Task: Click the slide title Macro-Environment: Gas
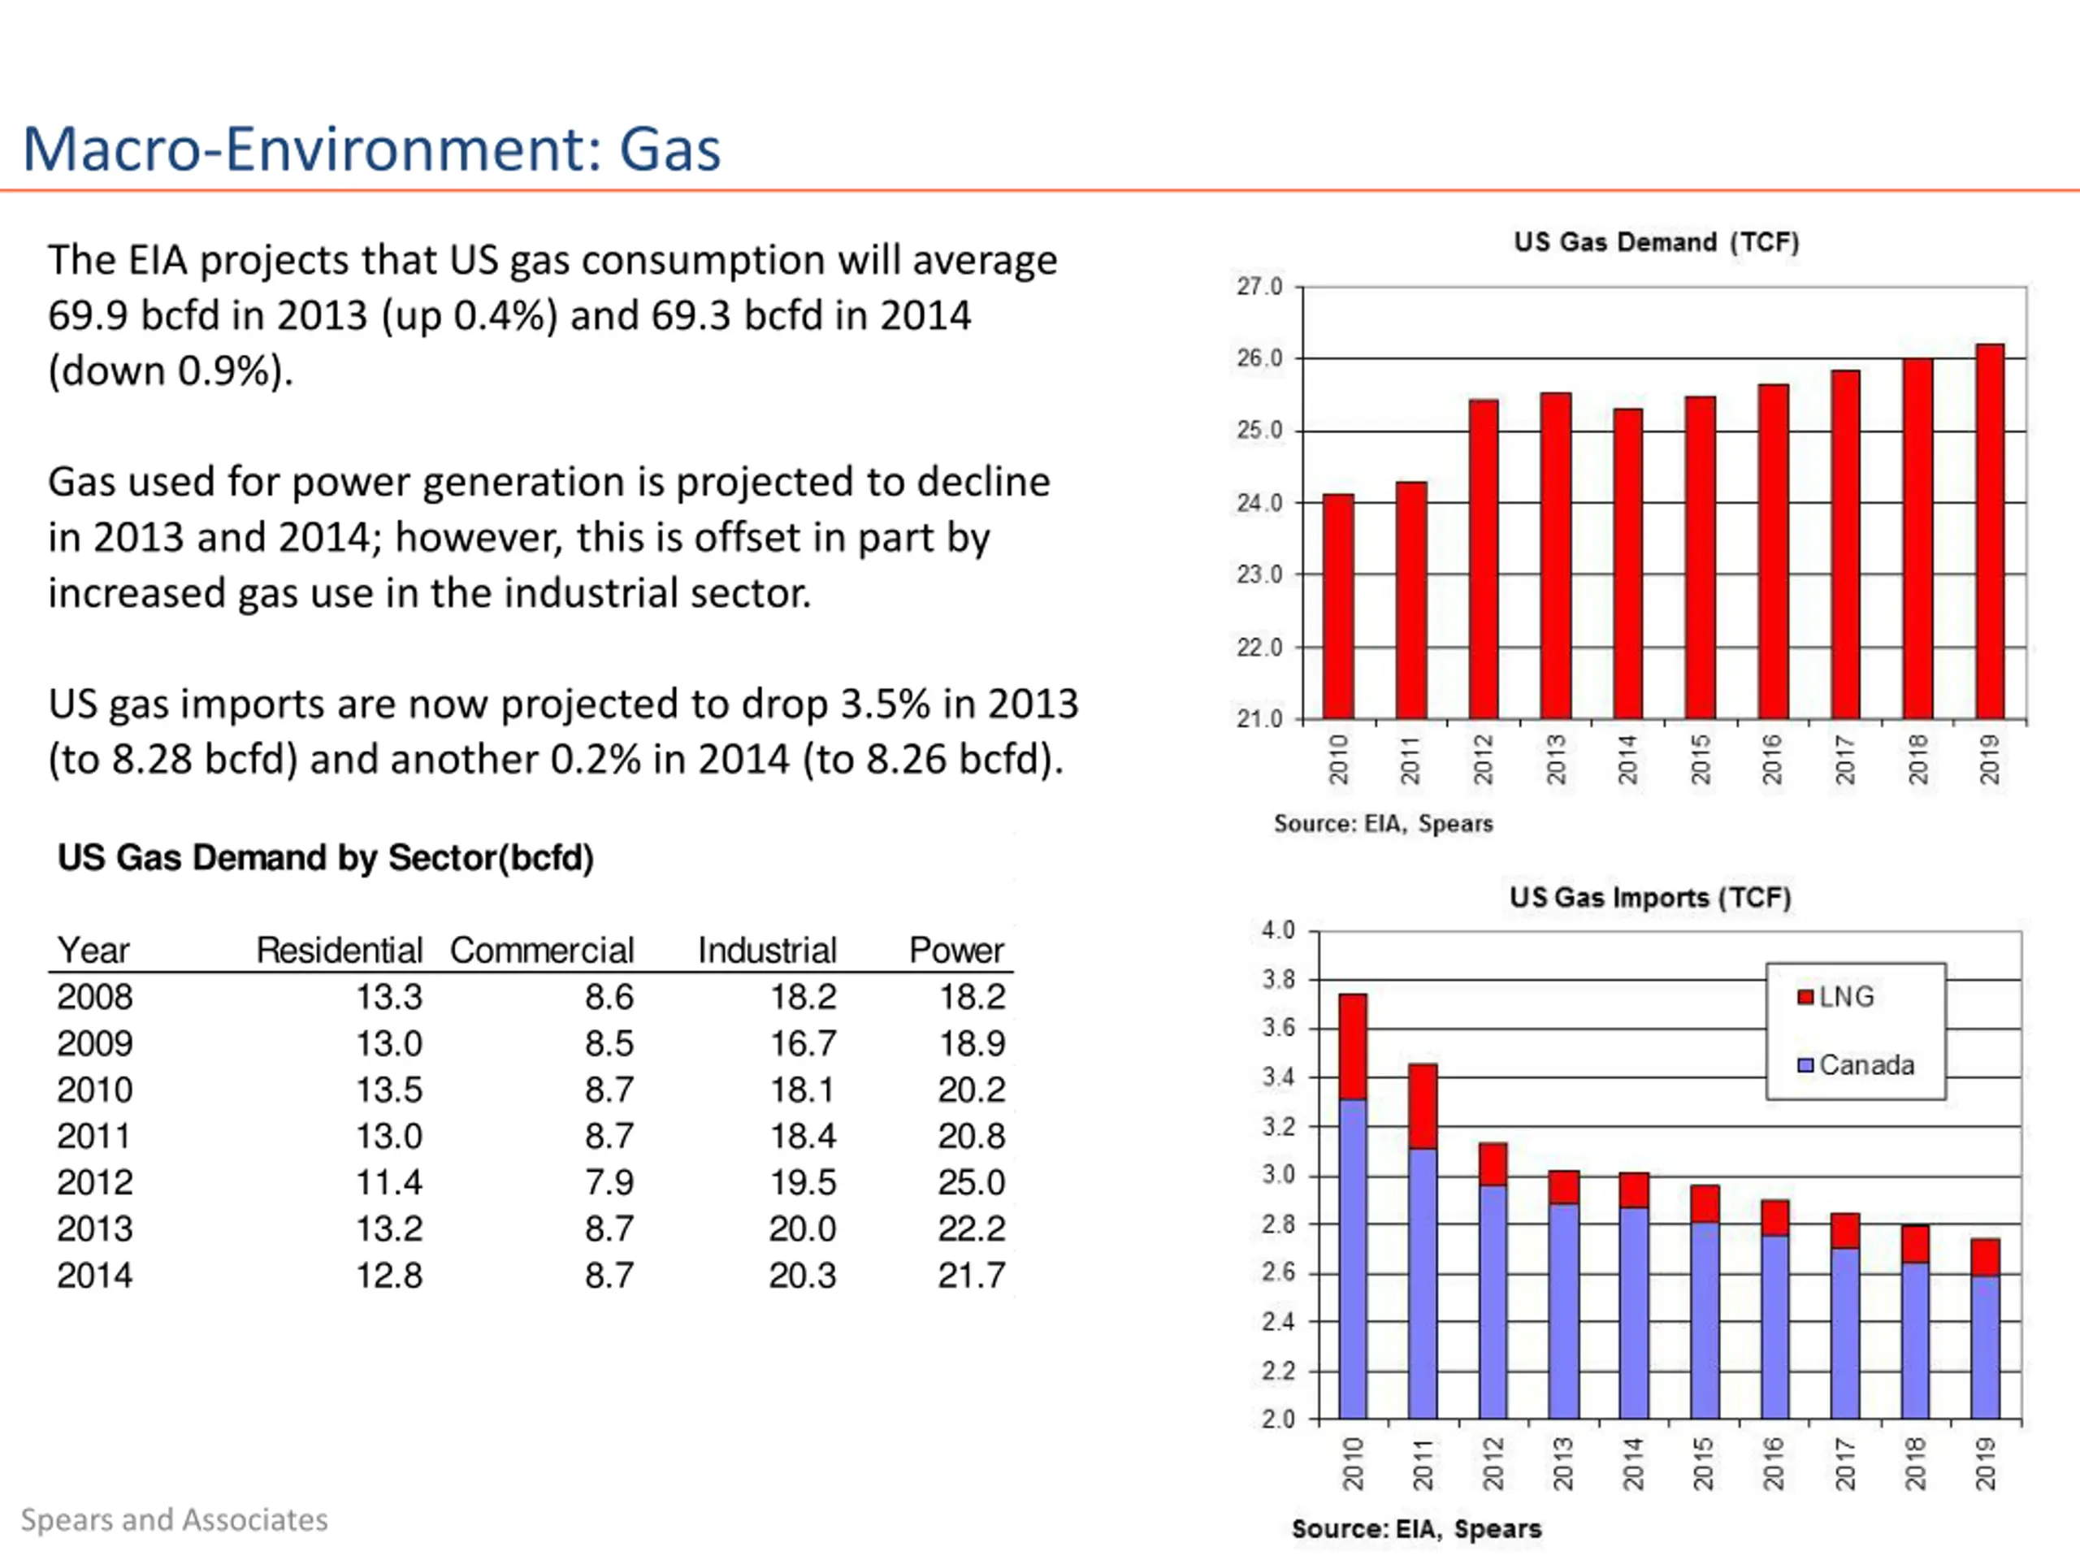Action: (371, 149)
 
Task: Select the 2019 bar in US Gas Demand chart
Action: (1990, 531)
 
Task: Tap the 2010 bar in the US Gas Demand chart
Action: (1338, 606)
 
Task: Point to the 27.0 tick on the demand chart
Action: (1259, 286)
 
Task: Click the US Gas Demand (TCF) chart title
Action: (1656, 243)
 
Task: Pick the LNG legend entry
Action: (1835, 997)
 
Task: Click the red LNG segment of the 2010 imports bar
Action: (1352, 1046)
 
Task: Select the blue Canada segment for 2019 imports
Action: (1985, 1346)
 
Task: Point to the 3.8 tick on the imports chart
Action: (1278, 980)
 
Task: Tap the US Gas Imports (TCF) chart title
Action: (1650, 897)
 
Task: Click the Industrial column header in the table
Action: (766, 951)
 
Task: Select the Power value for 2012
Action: (972, 1182)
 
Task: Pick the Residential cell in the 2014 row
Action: (388, 1275)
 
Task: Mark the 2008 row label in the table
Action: (95, 997)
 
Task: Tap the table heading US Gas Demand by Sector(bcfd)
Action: (325, 857)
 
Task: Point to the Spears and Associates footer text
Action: (175, 1519)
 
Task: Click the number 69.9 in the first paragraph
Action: (89, 316)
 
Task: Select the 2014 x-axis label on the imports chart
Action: (1632, 1464)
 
